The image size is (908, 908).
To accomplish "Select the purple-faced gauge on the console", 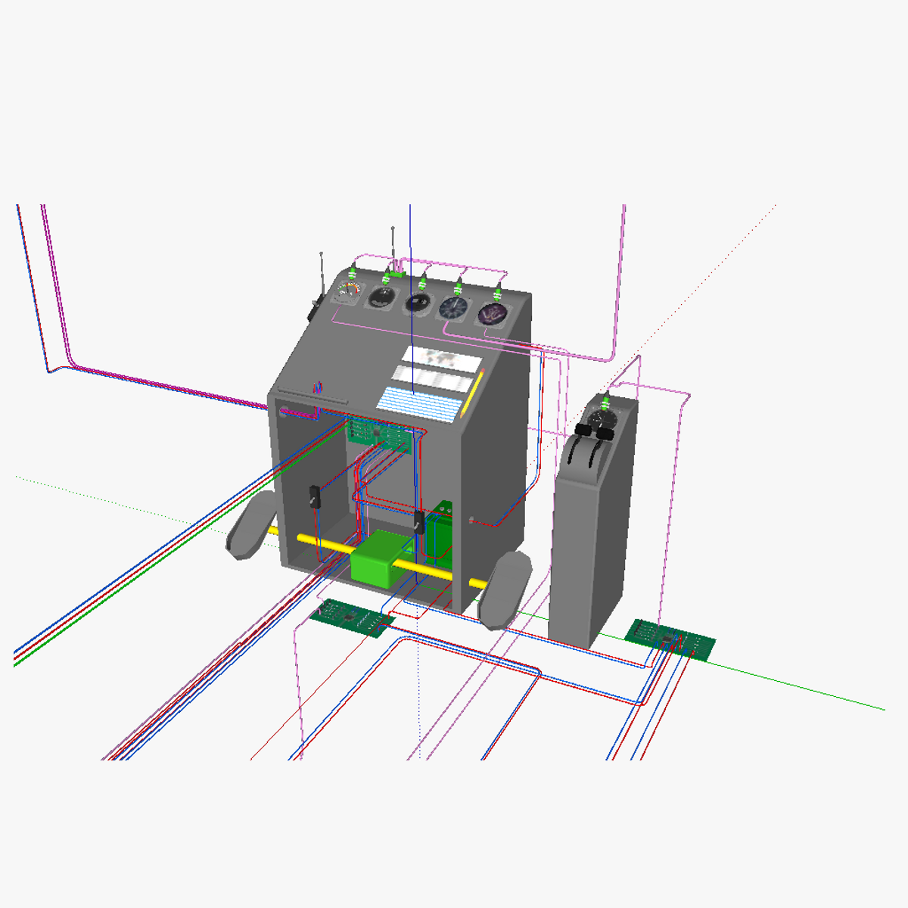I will [x=491, y=313].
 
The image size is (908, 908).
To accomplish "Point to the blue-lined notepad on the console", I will [x=420, y=404].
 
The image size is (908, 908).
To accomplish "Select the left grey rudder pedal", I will [x=251, y=525].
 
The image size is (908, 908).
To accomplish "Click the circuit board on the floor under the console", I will [x=352, y=617].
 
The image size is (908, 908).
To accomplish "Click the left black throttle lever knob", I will [x=583, y=429].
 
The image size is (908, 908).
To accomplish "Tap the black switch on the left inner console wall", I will [x=313, y=498].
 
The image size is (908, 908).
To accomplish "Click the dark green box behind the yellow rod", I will [x=439, y=532].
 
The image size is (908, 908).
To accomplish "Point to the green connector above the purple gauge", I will [x=498, y=294].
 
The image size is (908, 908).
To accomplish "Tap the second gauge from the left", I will [x=379, y=297].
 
